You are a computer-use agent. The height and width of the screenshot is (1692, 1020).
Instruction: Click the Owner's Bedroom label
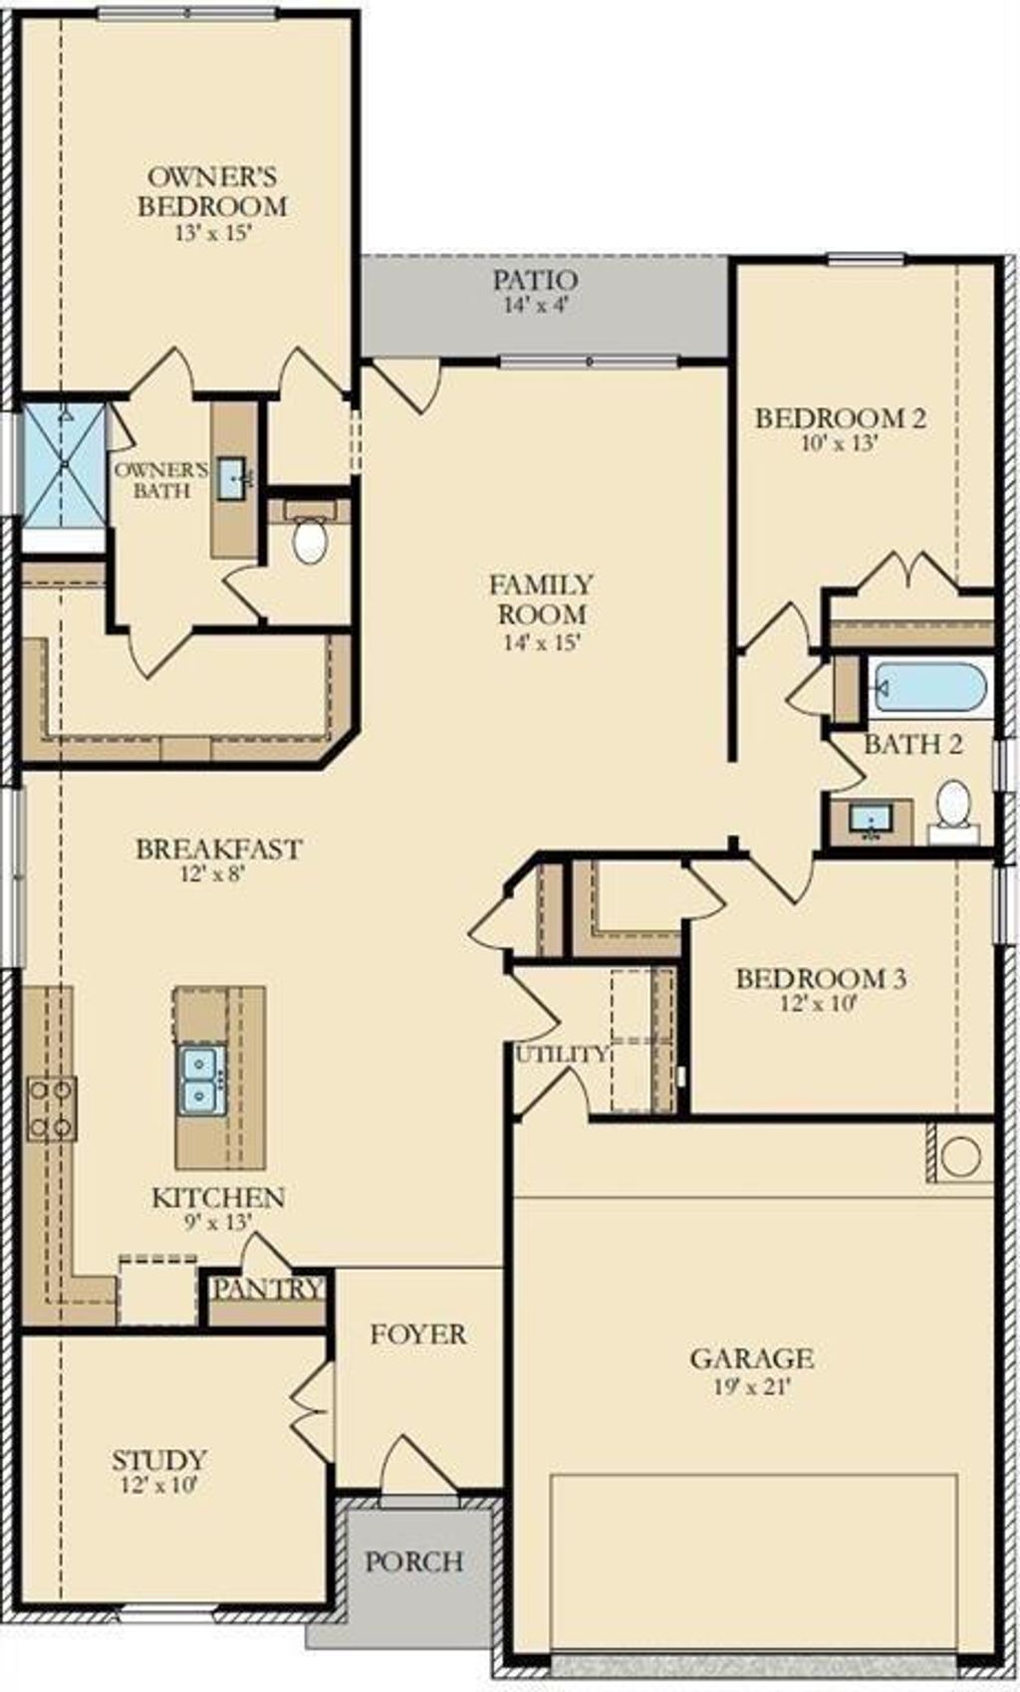[x=211, y=192]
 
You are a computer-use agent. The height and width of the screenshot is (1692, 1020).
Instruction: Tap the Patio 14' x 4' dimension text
[x=535, y=307]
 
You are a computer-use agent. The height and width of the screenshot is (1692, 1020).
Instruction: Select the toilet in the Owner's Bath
[x=311, y=540]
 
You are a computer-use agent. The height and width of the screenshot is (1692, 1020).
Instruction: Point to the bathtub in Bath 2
[x=928, y=687]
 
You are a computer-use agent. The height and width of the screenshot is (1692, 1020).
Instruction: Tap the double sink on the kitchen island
[x=201, y=1080]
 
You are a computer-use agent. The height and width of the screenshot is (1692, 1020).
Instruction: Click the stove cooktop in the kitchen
[x=51, y=1108]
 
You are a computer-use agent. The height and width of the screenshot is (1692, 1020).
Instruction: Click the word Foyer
[x=417, y=1334]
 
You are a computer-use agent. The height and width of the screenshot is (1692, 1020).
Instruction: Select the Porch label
[x=413, y=1562]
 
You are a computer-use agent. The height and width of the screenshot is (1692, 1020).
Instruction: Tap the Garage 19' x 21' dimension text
[x=752, y=1387]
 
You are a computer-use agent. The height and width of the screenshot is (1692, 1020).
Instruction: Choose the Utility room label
[x=561, y=1055]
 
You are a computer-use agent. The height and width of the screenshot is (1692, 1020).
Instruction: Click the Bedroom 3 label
[x=821, y=979]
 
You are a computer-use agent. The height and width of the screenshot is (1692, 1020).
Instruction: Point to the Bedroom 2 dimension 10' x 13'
[x=839, y=444]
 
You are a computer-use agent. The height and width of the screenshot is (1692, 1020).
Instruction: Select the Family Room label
[x=542, y=599]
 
